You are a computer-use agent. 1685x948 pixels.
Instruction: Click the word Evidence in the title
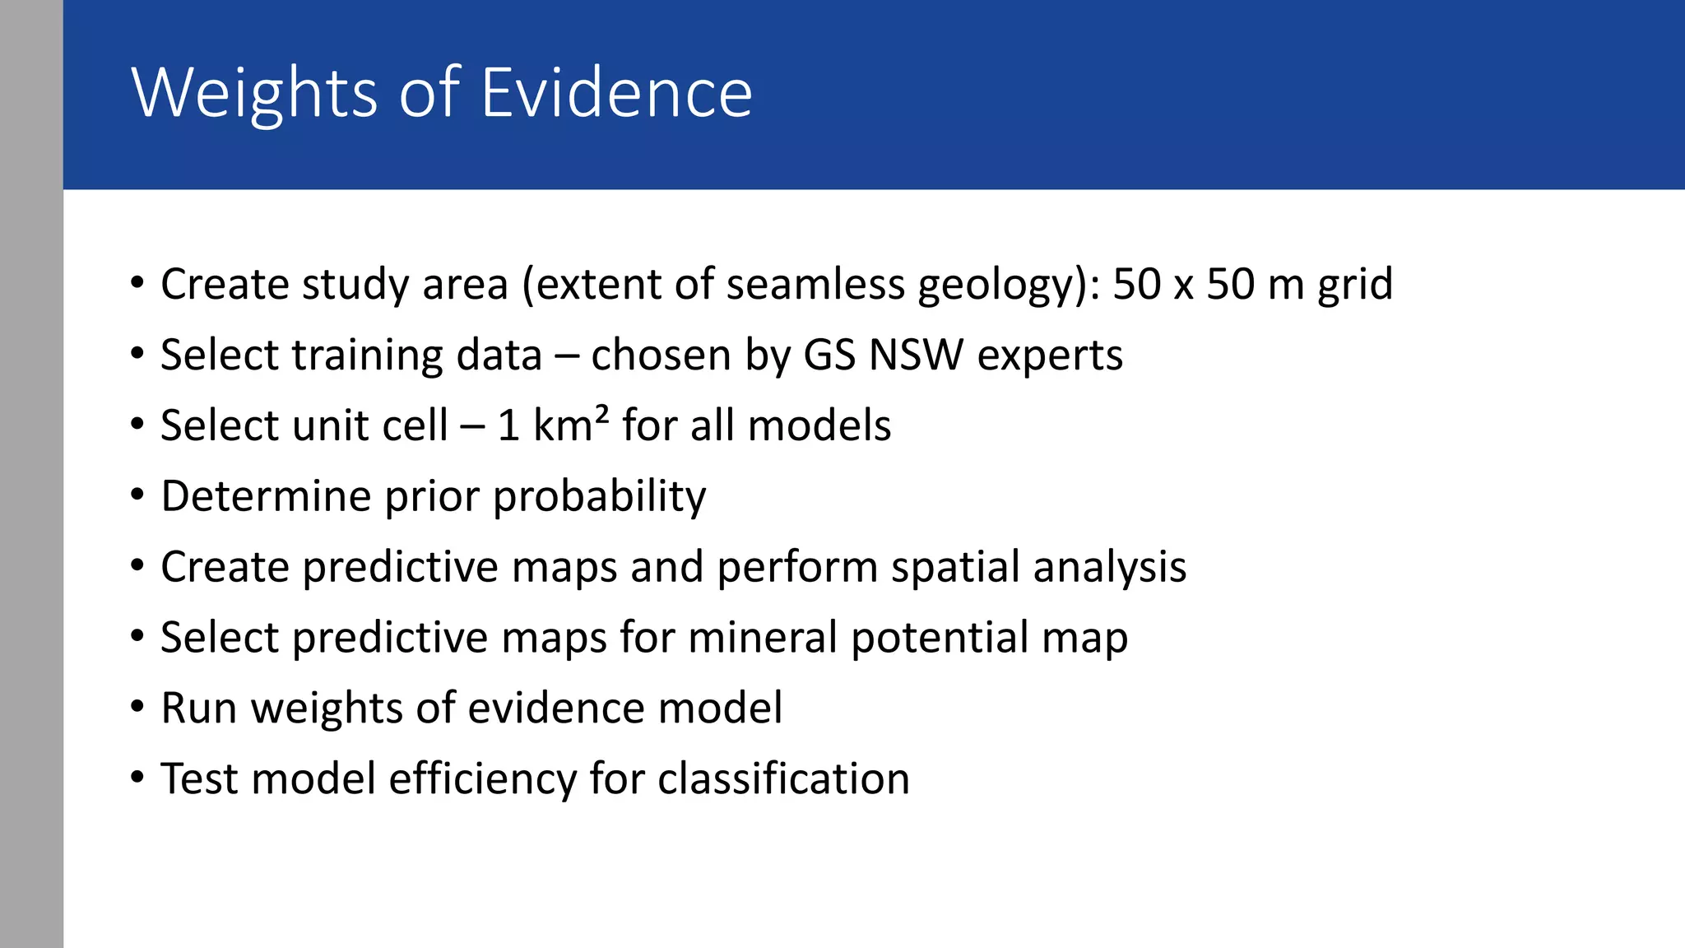pyautogui.click(x=616, y=93)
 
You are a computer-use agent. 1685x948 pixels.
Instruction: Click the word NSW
pyautogui.click(x=916, y=355)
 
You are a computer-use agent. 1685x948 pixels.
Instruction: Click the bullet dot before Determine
pyautogui.click(x=137, y=495)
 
